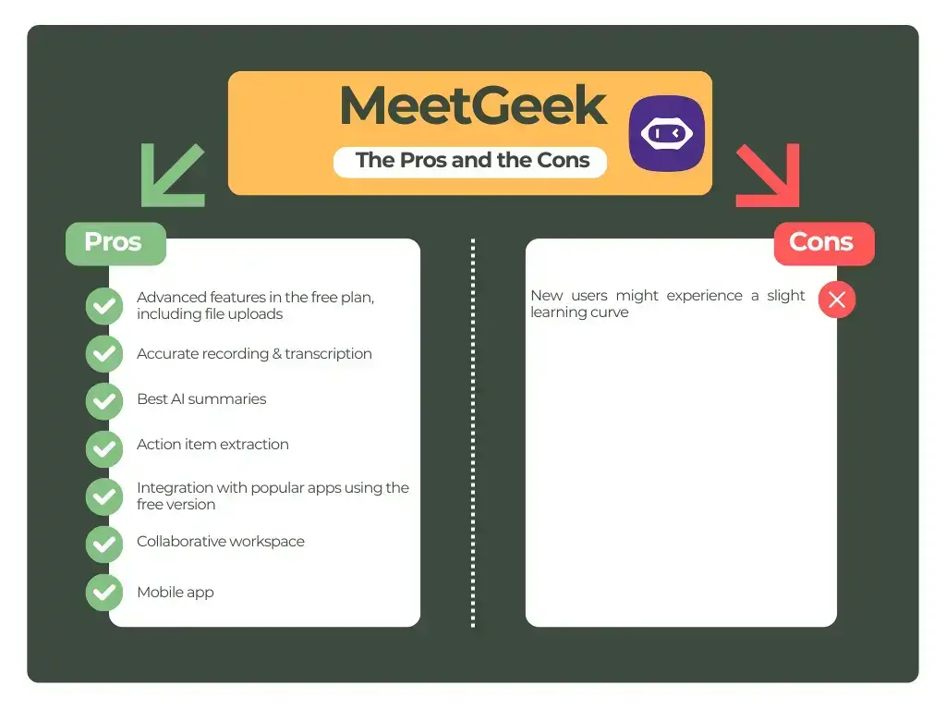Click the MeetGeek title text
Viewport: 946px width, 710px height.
coord(473,106)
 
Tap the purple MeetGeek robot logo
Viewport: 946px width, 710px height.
coord(666,133)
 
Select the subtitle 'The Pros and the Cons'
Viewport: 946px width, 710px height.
coord(472,160)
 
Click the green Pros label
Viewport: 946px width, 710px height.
coord(114,242)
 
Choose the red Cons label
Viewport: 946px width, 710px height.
coord(821,242)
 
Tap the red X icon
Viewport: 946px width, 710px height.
coord(837,300)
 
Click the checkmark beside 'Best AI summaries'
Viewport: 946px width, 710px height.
coord(104,400)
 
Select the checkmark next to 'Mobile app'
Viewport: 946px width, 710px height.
coord(104,593)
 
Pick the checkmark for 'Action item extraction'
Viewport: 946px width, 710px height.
coord(104,448)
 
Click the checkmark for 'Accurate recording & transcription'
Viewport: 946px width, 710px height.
coord(104,353)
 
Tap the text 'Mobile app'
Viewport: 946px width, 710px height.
coord(176,593)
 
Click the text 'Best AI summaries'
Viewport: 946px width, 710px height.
coord(201,399)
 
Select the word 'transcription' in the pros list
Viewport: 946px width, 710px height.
coord(328,354)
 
